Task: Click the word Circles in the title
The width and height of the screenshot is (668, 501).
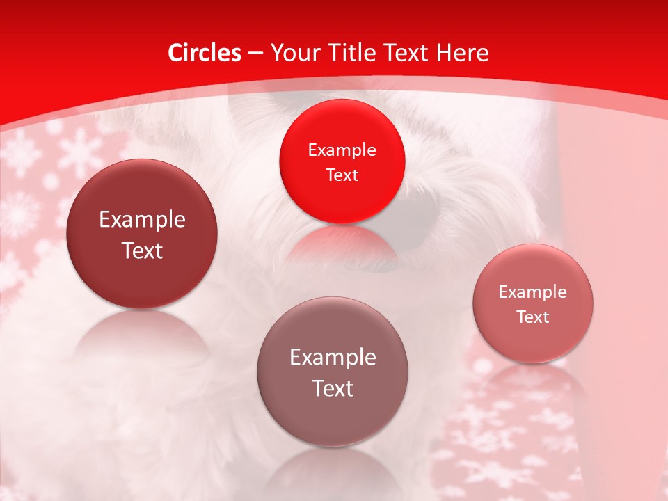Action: (205, 53)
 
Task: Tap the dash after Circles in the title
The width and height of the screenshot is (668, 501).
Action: (255, 54)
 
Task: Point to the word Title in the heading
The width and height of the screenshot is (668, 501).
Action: (351, 53)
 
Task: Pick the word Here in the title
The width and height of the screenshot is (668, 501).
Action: (463, 53)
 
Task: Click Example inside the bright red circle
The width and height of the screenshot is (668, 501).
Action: (342, 150)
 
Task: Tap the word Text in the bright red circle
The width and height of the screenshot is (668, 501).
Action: (342, 175)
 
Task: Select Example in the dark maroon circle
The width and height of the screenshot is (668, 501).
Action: (142, 220)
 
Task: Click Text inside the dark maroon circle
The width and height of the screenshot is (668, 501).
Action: (142, 250)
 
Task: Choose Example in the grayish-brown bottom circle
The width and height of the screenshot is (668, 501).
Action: (333, 358)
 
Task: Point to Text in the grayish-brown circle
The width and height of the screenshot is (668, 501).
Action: (333, 388)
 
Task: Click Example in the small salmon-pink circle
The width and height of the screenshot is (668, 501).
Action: (533, 292)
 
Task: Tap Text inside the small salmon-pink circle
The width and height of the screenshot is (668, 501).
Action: (533, 317)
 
